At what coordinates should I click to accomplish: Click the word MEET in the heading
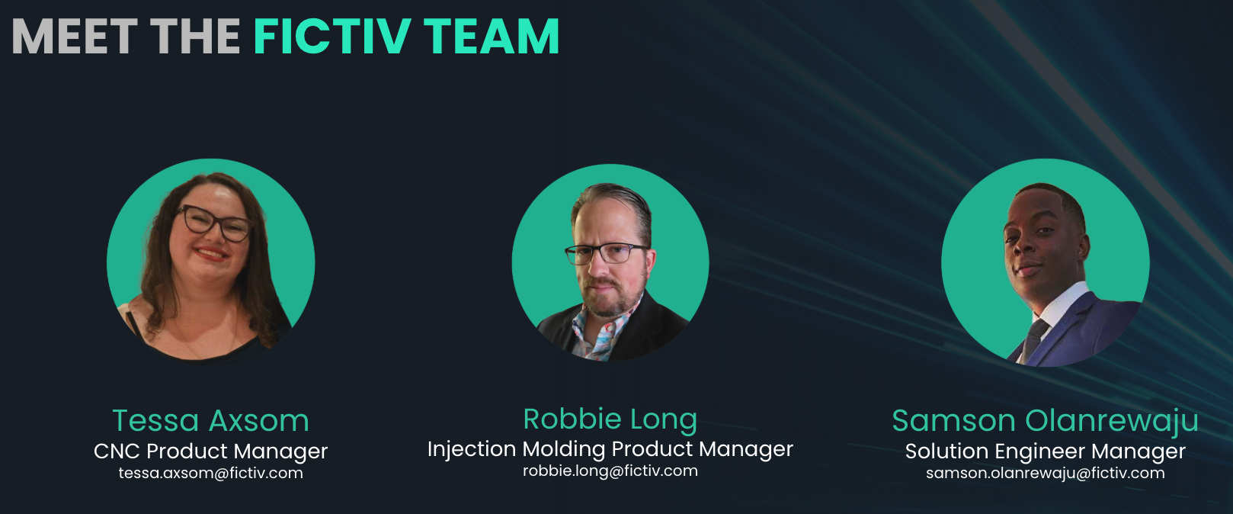tap(74, 37)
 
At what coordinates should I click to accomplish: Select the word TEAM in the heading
tap(492, 37)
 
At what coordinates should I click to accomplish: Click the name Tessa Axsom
tap(210, 421)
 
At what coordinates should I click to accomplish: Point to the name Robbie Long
tap(610, 419)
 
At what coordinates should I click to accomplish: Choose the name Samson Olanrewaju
tap(1045, 421)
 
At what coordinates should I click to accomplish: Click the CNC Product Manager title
tap(210, 451)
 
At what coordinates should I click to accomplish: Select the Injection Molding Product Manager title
tap(610, 448)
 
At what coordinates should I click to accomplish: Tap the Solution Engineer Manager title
tap(1045, 451)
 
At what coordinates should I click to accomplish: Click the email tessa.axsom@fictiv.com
tap(210, 473)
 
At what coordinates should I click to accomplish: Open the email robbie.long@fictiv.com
tap(610, 471)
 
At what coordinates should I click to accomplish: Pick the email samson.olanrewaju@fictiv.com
tap(1045, 473)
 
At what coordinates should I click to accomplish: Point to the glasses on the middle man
tap(606, 253)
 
